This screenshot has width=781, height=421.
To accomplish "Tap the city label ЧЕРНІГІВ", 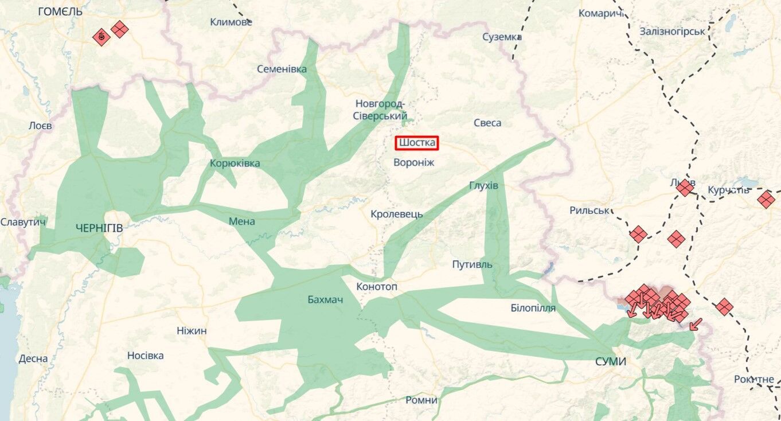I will click(99, 228).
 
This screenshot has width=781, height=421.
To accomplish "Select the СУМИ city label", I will click(610, 361).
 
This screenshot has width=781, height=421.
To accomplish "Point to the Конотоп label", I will click(377, 286).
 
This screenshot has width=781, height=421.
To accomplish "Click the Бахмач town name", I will click(325, 299).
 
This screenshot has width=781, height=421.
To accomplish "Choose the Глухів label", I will click(484, 186).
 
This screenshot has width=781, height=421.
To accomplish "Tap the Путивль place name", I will click(472, 264).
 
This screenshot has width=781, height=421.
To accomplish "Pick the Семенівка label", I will click(282, 69).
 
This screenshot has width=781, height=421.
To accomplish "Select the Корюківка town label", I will click(235, 163).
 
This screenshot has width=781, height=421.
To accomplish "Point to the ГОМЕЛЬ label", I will click(60, 11).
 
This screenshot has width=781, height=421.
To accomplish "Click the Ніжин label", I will click(192, 330).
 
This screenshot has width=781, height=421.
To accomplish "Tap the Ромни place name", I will click(421, 400).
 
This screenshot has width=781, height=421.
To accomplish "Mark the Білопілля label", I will click(533, 308).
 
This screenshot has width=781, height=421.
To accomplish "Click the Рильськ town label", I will click(589, 210).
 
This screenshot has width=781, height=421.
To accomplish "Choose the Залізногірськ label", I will click(672, 31).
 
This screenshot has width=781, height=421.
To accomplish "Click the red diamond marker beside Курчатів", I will click(766, 200).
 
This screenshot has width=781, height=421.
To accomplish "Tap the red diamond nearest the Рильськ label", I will click(638, 234).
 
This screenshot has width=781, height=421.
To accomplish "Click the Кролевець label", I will click(397, 214).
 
